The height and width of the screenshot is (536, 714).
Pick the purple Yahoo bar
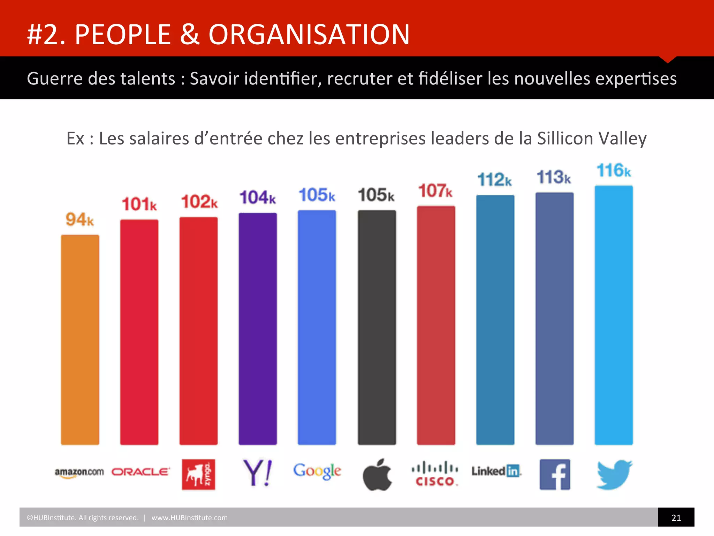pyautogui.click(x=258, y=329)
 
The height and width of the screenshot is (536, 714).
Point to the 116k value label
pyautogui.click(x=614, y=171)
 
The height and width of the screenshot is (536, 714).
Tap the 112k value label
pyautogui.click(x=494, y=180)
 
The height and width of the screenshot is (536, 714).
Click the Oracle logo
pyautogui.click(x=140, y=472)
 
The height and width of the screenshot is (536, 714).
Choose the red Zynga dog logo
pyautogui.click(x=198, y=475)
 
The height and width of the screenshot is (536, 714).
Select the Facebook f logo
pyautogui.click(x=555, y=475)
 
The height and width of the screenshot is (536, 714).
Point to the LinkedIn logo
pyautogui.click(x=496, y=471)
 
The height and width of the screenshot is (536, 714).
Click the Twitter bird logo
pyautogui.click(x=614, y=475)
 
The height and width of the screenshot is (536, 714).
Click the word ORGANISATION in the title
pyautogui.click(x=309, y=35)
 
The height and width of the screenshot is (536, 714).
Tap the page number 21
pyautogui.click(x=676, y=518)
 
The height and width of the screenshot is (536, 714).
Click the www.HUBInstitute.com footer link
pyautogui.click(x=189, y=518)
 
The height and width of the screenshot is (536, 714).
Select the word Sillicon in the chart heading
pyautogui.click(x=565, y=139)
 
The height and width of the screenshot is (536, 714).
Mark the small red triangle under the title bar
pyautogui.click(x=668, y=59)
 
